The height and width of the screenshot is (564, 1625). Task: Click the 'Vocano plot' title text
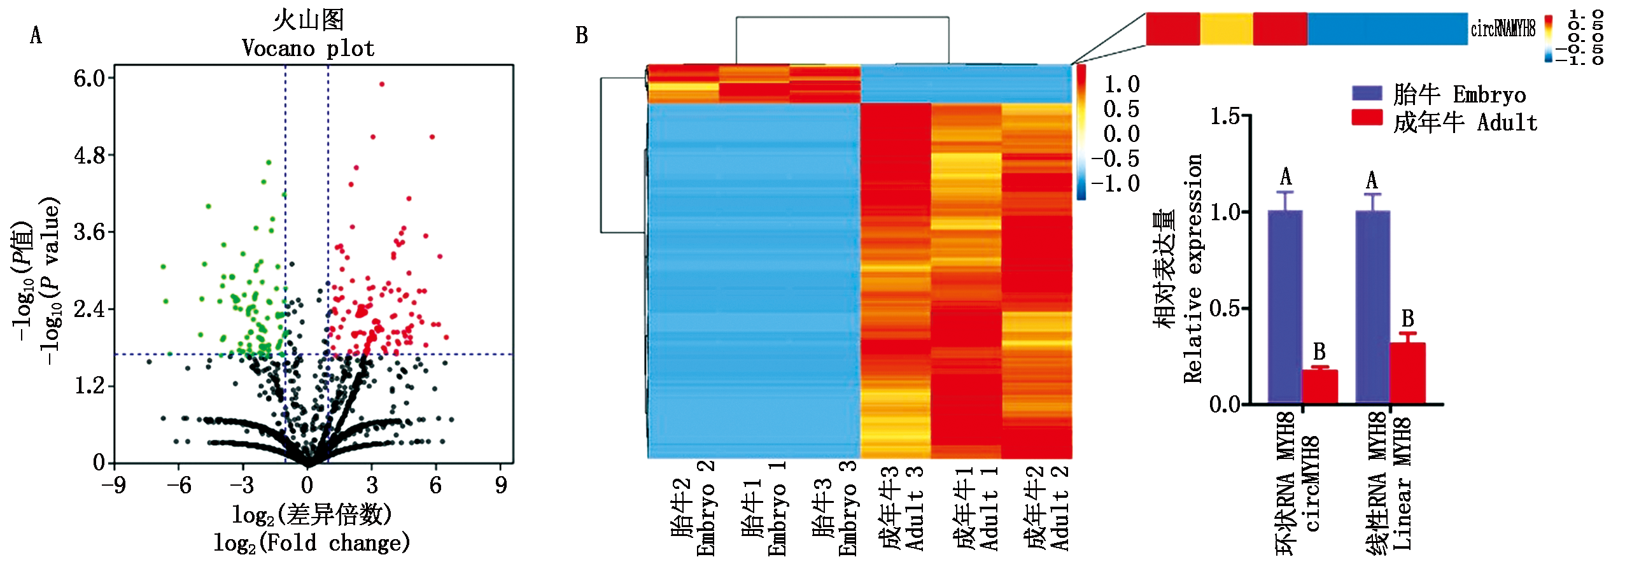pyautogui.click(x=308, y=48)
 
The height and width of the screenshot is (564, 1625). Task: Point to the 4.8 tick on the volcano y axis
pyautogui.click(x=90, y=155)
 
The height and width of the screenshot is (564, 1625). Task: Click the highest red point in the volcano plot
pyautogui.click(x=382, y=84)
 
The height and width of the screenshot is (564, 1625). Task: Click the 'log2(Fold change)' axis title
pyautogui.click(x=311, y=543)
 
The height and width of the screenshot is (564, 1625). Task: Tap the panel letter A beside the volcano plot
pyautogui.click(x=36, y=36)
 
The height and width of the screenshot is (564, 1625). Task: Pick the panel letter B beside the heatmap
pyautogui.click(x=581, y=36)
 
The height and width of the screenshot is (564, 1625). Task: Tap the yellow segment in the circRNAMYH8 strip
pyautogui.click(x=1226, y=29)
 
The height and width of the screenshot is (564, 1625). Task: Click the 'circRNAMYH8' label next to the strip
pyautogui.click(x=1503, y=29)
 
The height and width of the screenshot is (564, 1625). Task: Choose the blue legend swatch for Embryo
pyautogui.click(x=1367, y=94)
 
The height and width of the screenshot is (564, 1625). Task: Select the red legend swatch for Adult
pyautogui.click(x=1367, y=118)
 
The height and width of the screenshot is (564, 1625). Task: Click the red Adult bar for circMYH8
pyautogui.click(x=1319, y=387)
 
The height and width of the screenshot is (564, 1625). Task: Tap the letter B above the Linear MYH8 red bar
pyautogui.click(x=1407, y=318)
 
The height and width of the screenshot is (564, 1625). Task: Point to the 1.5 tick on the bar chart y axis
pyautogui.click(x=1225, y=116)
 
